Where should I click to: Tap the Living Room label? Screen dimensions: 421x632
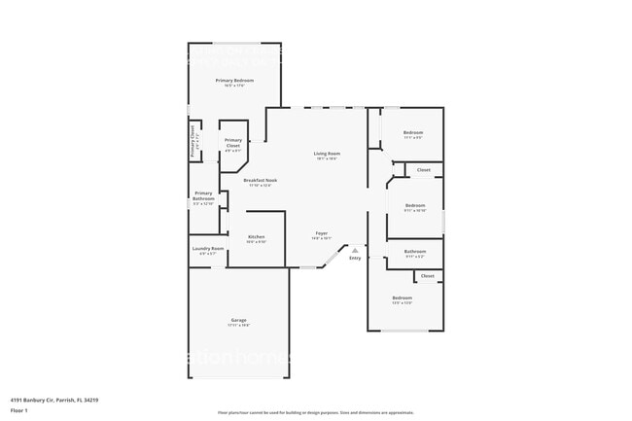tap(326, 154)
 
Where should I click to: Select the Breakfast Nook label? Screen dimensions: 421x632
tap(261, 180)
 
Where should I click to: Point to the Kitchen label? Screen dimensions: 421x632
tap(256, 237)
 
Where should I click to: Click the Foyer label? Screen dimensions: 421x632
tap(321, 233)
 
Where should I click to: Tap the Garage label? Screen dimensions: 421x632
tap(238, 320)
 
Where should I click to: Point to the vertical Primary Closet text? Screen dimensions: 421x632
tap(193, 142)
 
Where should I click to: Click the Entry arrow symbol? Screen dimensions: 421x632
tap(355, 250)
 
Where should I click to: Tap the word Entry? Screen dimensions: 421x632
tap(355, 258)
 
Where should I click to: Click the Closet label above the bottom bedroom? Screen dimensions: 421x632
tap(427, 276)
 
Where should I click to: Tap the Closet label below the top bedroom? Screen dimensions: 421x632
tap(423, 170)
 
